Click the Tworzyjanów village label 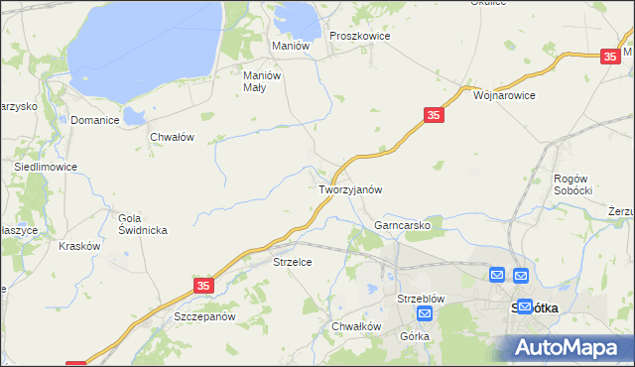click(x=350, y=188)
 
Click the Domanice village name click(x=95, y=120)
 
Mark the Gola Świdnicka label click(x=143, y=224)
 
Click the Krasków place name click(x=80, y=246)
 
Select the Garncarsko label click(x=402, y=225)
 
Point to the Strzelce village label click(x=294, y=262)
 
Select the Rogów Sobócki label click(x=572, y=183)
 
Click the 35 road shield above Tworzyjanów click(x=433, y=116)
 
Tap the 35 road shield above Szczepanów click(x=203, y=285)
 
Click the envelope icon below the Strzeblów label click(x=425, y=314)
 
